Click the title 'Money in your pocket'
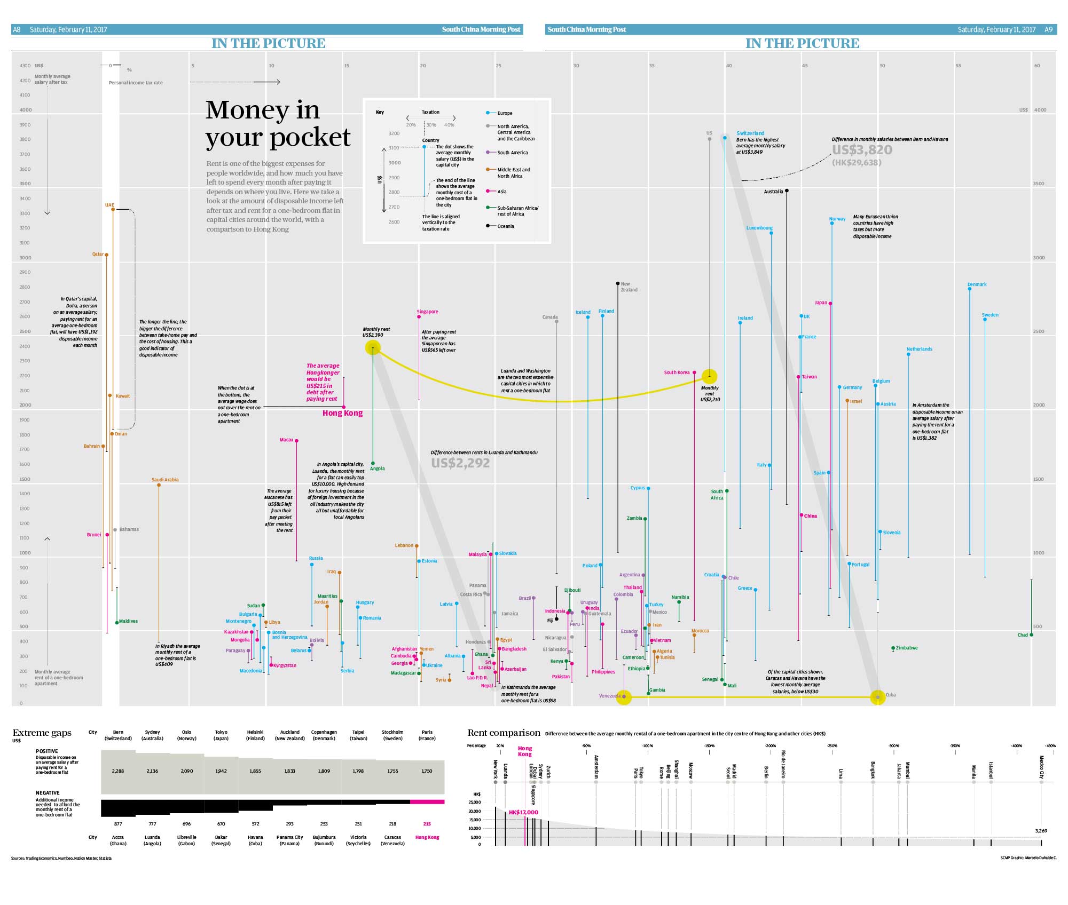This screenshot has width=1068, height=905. [278, 124]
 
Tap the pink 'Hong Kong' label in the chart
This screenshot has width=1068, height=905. [342, 413]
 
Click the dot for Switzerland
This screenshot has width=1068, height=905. [725, 138]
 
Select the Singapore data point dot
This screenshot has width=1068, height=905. [419, 317]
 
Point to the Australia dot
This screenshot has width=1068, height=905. [787, 190]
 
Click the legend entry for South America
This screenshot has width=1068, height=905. [512, 153]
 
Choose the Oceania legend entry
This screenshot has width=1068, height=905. [505, 226]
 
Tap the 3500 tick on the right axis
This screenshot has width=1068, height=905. [1038, 184]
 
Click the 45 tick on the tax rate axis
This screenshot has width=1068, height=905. [804, 66]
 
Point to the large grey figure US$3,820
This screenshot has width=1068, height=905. [862, 150]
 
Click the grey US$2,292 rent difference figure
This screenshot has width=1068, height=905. [460, 463]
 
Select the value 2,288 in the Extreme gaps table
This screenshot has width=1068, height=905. [118, 771]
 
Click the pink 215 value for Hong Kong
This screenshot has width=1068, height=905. [427, 824]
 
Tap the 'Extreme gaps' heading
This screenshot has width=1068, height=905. [42, 733]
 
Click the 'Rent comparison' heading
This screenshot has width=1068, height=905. [504, 733]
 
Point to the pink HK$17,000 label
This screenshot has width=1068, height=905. [523, 812]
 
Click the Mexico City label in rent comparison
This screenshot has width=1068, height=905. [1041, 767]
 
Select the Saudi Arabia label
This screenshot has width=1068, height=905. [165, 480]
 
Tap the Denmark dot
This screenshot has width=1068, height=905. [970, 289]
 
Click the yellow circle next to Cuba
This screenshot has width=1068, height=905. [878, 697]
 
